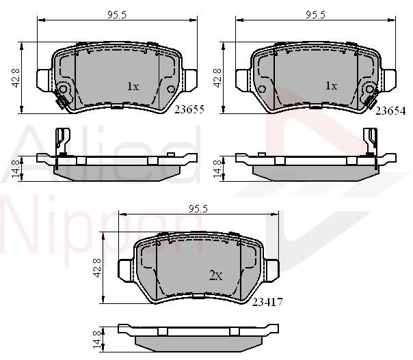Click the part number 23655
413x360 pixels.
(x=189, y=109)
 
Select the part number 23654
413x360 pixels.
(x=390, y=111)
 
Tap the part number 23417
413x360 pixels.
(x=267, y=302)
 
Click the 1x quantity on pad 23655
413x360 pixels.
(x=133, y=86)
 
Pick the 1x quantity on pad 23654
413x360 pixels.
(x=332, y=86)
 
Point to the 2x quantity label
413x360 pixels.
(x=215, y=275)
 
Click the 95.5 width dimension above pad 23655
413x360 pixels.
(x=117, y=15)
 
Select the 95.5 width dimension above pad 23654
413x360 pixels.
(x=315, y=15)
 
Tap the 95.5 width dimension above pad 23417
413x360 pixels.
(x=198, y=209)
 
